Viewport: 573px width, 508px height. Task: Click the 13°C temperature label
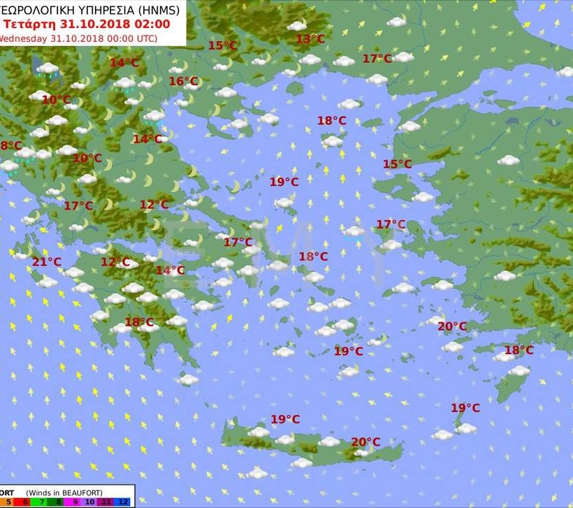tap(310, 39)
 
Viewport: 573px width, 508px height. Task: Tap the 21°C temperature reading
tap(47, 262)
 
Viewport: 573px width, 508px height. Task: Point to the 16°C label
tap(184, 82)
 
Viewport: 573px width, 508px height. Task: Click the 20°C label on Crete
tap(365, 442)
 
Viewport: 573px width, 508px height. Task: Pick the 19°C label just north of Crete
tap(285, 419)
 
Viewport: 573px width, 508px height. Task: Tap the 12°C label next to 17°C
tap(154, 205)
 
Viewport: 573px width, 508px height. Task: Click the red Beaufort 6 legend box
tap(26, 502)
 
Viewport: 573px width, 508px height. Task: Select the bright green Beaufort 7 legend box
tap(42, 502)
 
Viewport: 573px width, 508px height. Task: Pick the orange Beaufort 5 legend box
tap(8, 502)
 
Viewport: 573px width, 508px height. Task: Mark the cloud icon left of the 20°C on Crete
tap(329, 442)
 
